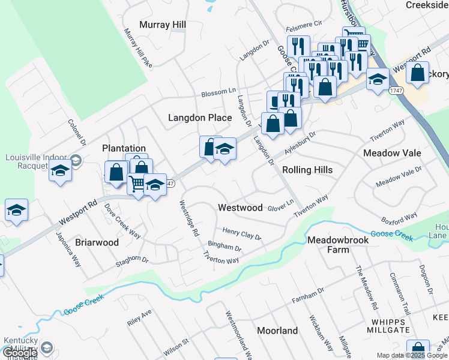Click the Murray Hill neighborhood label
(163, 25)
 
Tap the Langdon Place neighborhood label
(200, 118)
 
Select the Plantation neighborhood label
(124, 148)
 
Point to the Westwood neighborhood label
(240, 208)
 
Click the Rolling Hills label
(307, 170)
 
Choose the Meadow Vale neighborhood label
(392, 153)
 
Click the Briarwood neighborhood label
(97, 242)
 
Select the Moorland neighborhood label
(277, 331)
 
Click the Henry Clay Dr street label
(242, 233)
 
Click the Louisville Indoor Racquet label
(35, 161)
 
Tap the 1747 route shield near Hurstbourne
(395, 91)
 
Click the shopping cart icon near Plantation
(136, 183)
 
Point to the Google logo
(20, 353)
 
